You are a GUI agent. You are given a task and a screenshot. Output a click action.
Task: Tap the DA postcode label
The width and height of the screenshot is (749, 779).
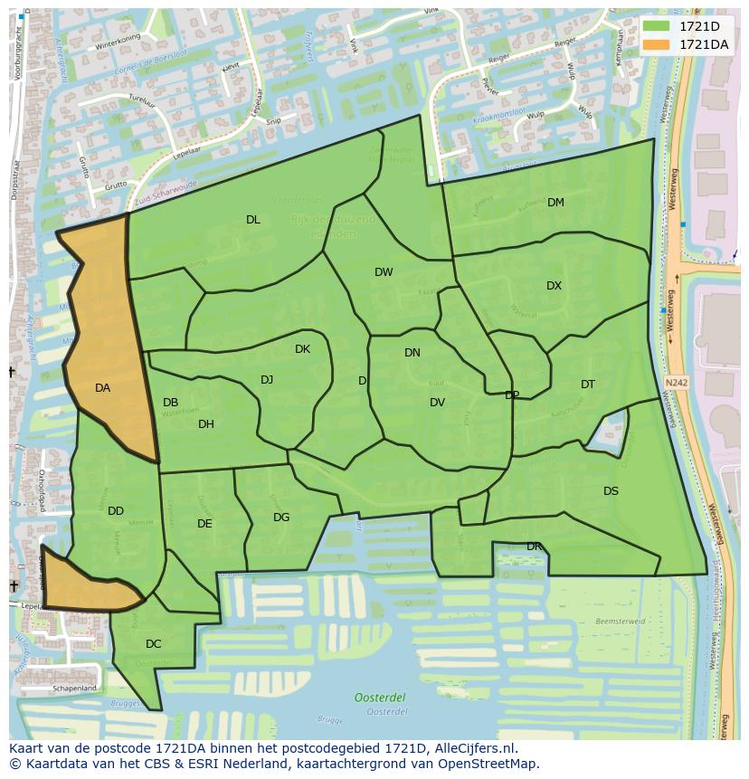pyautogui.click(x=102, y=388)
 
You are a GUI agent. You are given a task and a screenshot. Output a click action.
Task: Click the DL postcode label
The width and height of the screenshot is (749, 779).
pyautogui.click(x=253, y=220)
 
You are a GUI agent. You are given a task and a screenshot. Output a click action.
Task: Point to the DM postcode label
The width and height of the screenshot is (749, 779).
pyautogui.click(x=555, y=203)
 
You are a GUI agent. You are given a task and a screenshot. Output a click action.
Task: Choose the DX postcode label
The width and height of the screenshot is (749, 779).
pyautogui.click(x=554, y=286)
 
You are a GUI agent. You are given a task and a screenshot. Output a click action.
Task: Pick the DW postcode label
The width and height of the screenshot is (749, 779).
pyautogui.click(x=384, y=272)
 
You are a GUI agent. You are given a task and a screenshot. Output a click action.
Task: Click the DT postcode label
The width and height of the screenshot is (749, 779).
pyautogui.click(x=588, y=385)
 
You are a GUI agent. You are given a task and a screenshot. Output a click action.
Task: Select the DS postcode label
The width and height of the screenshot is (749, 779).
pyautogui.click(x=611, y=491)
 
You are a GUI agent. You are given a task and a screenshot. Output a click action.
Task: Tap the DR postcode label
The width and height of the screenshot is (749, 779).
pyautogui.click(x=534, y=546)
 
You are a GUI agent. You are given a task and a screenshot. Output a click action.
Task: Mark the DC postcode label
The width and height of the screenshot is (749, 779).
pyautogui.click(x=153, y=644)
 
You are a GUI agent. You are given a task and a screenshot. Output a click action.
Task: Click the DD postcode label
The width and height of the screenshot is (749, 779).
pyautogui.click(x=116, y=511)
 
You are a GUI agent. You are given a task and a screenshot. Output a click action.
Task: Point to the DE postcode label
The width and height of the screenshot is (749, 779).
pyautogui.click(x=204, y=524)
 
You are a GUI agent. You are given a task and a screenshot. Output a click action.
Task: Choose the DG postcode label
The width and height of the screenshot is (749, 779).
pyautogui.click(x=281, y=518)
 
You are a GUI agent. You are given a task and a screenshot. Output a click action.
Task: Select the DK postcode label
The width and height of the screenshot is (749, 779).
pyautogui.click(x=302, y=349)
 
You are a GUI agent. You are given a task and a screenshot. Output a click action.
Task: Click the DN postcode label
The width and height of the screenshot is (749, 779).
pyautogui.click(x=412, y=353)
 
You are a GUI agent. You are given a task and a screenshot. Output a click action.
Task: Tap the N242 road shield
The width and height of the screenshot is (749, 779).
pyautogui.click(x=675, y=383)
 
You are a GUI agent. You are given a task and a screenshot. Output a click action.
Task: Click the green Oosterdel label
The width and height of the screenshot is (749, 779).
pyautogui.click(x=380, y=697)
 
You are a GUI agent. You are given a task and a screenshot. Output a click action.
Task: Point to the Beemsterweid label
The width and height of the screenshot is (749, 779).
pyautogui.click(x=621, y=622)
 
